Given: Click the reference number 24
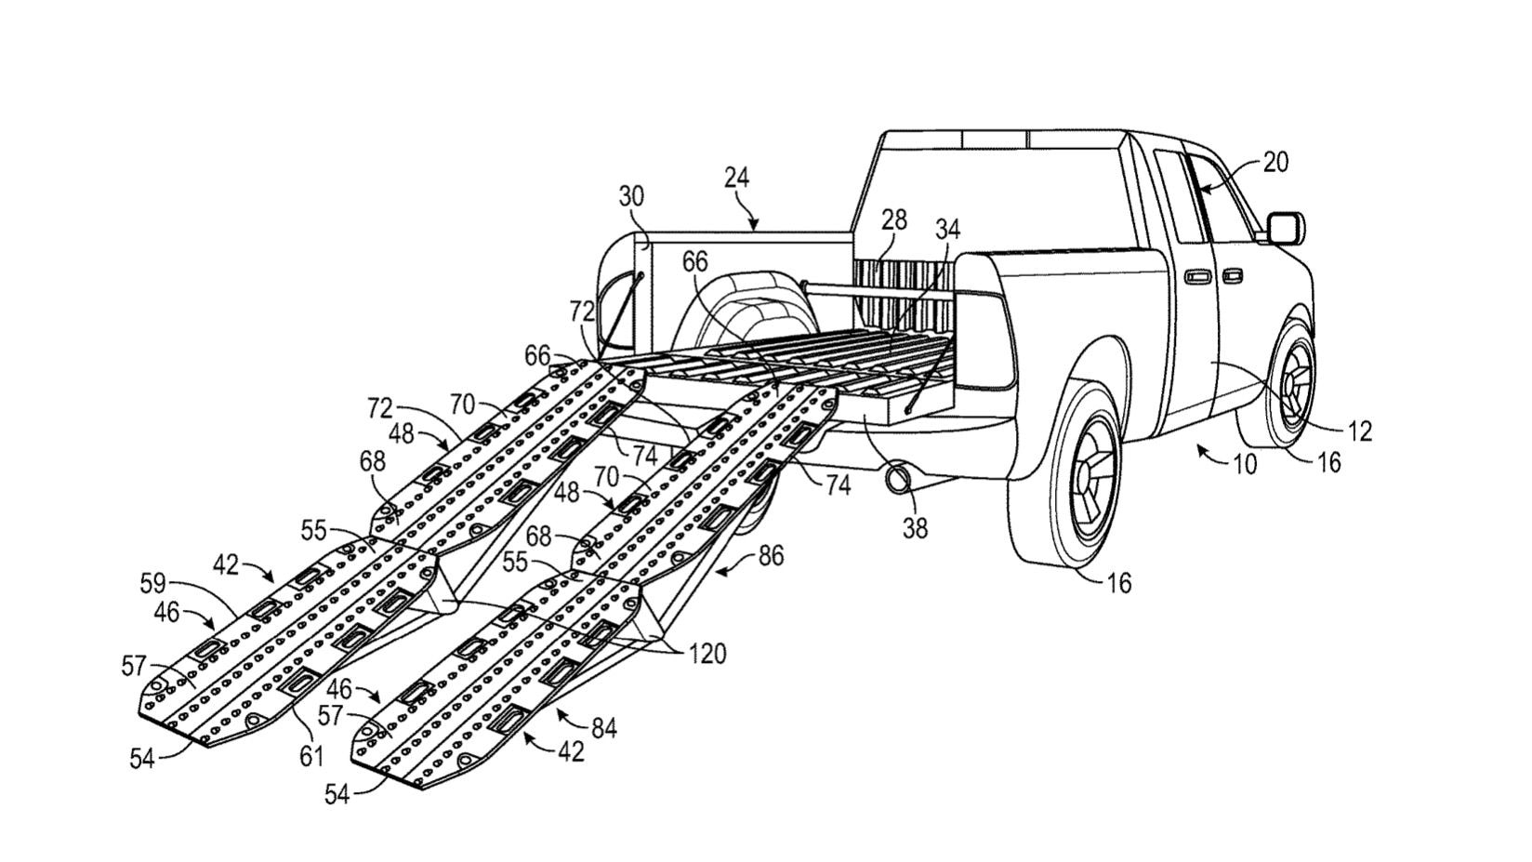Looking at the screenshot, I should click(736, 177).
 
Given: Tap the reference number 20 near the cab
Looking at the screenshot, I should click(1276, 162).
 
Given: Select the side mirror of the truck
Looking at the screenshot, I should click(1286, 227).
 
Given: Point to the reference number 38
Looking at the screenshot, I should click(915, 528).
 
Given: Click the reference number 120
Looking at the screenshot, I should click(707, 655).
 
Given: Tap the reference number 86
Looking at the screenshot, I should click(771, 555).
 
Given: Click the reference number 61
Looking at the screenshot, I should click(310, 756).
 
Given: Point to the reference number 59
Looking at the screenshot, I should click(152, 584).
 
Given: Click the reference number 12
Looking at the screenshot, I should click(1358, 431).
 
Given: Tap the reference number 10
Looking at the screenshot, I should click(1244, 463).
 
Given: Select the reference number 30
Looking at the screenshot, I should click(631, 197).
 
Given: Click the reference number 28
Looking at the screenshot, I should click(894, 219).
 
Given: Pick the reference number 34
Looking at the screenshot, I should click(947, 228).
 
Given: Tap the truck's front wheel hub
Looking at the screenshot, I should click(1296, 384).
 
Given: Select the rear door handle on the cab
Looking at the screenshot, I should click(1196, 276).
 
